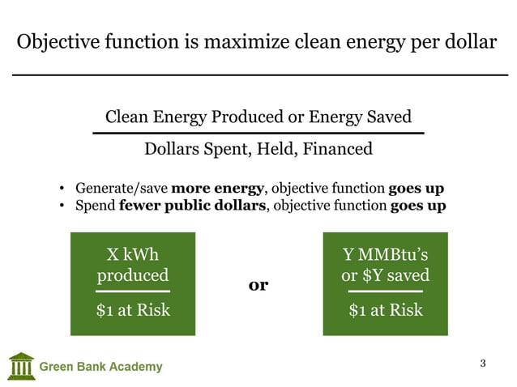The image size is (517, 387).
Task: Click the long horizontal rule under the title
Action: [x=258, y=74]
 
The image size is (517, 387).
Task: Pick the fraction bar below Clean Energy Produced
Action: [x=258, y=132]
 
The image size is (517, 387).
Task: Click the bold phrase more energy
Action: [x=217, y=189]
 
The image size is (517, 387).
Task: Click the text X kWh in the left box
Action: [x=133, y=253]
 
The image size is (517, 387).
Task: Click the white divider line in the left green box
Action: [x=133, y=291]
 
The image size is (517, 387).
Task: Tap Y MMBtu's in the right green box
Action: [x=386, y=253]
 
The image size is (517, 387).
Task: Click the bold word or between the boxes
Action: [x=258, y=285]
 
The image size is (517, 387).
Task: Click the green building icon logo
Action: [x=21, y=365]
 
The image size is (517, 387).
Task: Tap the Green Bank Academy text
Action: [x=101, y=367]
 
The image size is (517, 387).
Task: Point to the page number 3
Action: [x=483, y=363]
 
